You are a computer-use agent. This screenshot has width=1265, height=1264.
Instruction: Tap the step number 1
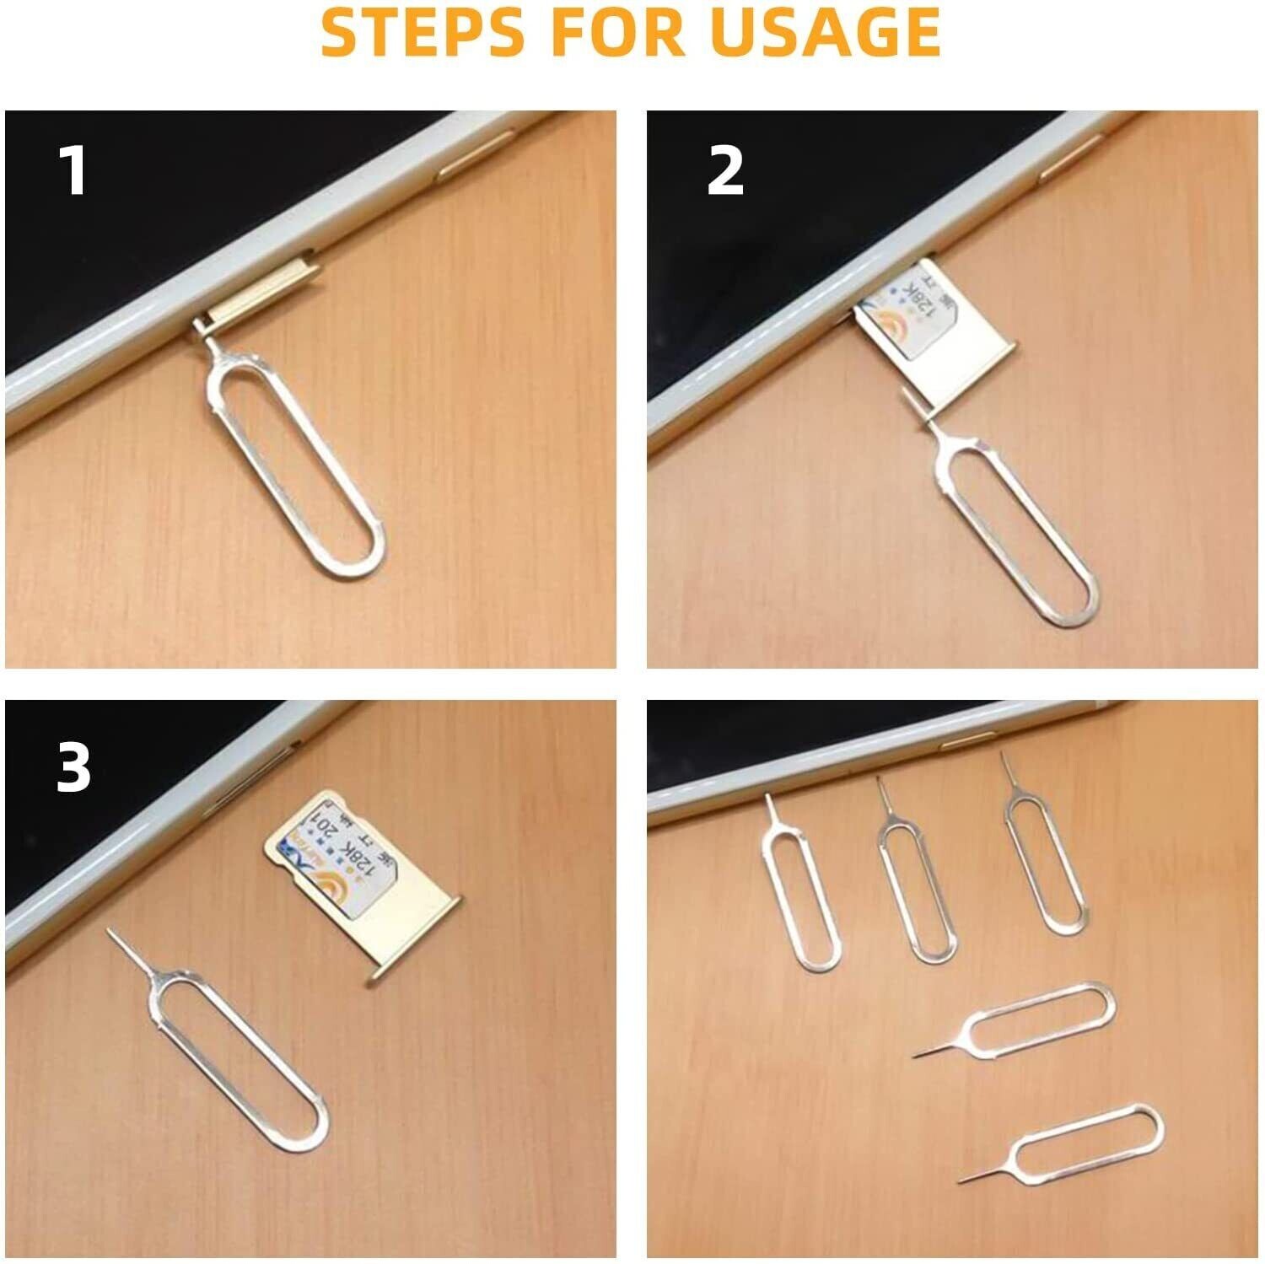tap(74, 171)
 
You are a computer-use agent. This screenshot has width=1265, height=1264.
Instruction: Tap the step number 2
tap(724, 171)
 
